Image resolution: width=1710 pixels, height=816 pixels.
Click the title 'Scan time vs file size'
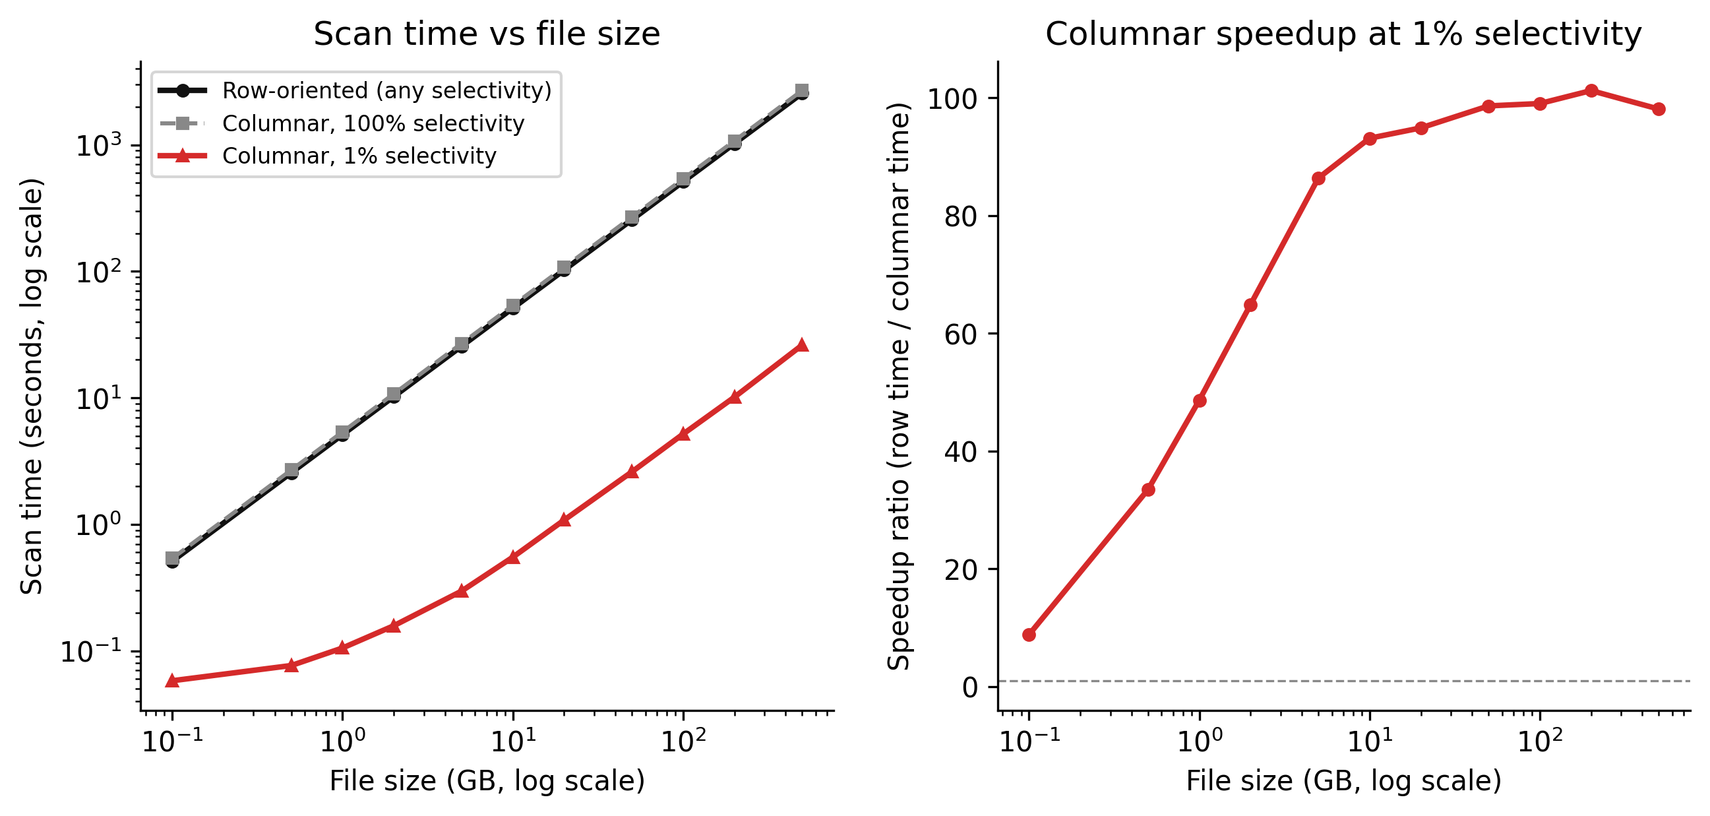487,34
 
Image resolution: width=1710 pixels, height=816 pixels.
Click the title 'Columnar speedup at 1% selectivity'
1343,34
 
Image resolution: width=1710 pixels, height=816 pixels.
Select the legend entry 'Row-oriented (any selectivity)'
386,90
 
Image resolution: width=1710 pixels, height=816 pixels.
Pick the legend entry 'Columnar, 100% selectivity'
373,123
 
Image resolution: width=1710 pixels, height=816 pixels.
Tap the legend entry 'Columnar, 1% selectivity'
359,156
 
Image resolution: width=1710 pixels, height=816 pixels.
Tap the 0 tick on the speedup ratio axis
970,687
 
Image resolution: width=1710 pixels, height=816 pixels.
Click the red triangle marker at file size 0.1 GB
172,681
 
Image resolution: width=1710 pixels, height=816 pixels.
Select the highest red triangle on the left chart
802,344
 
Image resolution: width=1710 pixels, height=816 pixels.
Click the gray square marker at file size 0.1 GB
172,558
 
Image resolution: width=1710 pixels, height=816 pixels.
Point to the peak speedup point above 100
1591,91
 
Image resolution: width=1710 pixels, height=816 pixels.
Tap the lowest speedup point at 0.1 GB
1029,635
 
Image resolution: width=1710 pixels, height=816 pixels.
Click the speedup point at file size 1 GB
1200,401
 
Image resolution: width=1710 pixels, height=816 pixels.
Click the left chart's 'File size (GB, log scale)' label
487,781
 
